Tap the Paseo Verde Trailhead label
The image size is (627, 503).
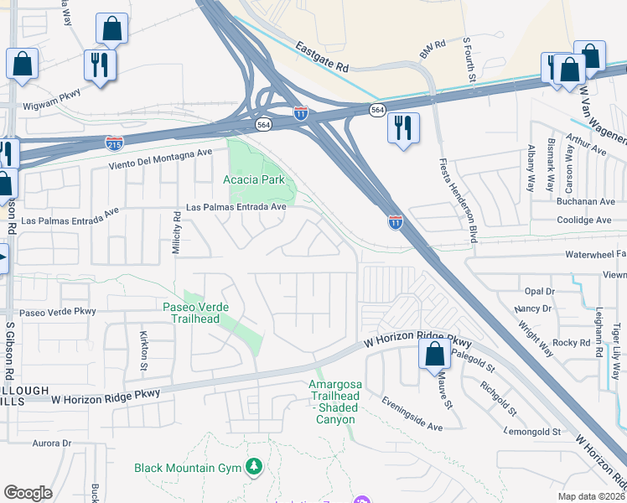[191, 313]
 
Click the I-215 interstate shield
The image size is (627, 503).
[115, 143]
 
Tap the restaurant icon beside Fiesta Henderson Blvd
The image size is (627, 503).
[403, 127]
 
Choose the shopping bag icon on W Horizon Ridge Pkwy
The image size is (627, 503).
[434, 354]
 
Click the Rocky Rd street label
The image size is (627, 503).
[572, 342]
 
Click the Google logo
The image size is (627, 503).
[28, 493]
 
